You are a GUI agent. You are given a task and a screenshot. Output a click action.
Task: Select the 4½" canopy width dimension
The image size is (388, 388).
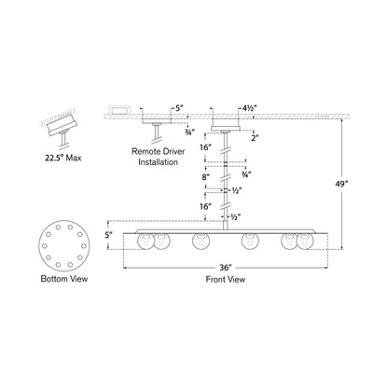click(248, 108)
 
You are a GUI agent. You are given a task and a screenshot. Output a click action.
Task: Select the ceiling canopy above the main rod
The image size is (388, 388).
click(227, 123)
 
